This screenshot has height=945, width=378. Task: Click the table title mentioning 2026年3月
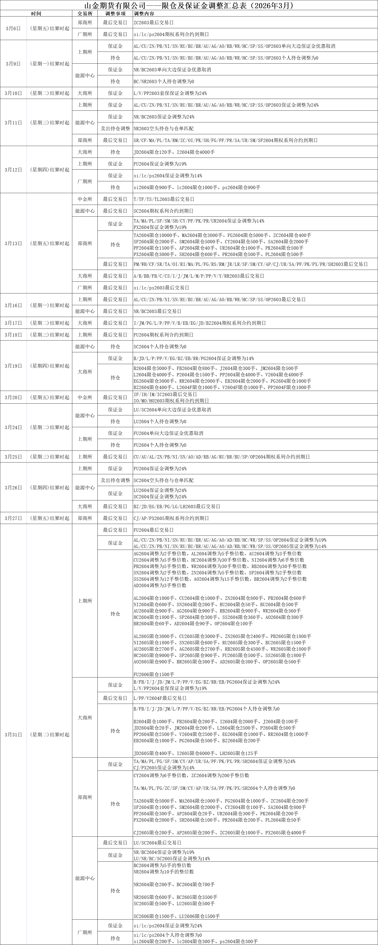(189, 5)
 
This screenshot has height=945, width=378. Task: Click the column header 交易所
(85, 14)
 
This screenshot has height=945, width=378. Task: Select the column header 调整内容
(144, 14)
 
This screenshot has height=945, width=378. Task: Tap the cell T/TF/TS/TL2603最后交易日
(164, 199)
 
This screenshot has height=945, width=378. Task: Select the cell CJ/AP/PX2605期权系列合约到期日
(171, 518)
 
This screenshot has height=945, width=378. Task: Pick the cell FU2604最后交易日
(153, 530)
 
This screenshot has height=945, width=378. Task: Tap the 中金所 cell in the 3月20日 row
(85, 397)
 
